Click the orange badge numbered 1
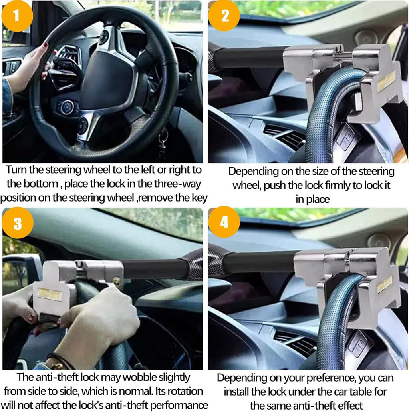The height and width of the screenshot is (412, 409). pos(17,16)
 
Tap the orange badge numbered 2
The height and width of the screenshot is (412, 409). pos(224,16)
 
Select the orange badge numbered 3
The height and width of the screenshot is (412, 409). pos(18,223)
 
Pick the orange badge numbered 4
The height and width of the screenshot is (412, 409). pos(224,222)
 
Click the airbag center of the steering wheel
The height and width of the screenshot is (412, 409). pos(107,79)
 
